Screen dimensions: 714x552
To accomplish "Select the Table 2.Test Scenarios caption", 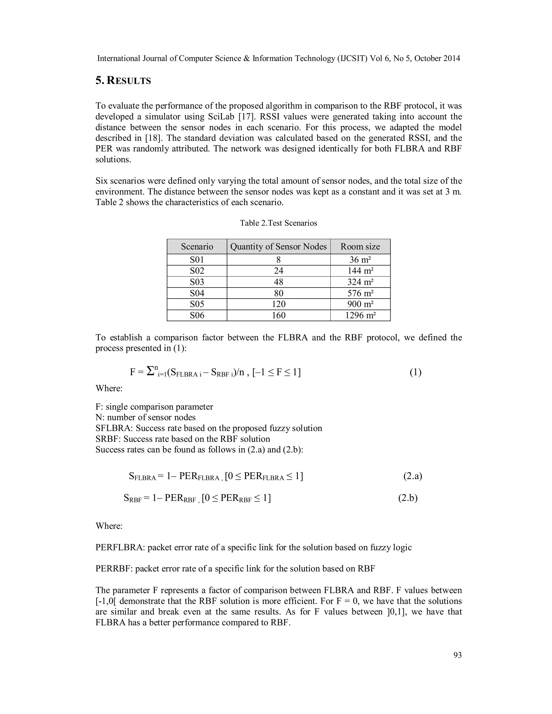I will tap(278, 223).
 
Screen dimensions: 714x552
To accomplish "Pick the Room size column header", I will tap(360, 247).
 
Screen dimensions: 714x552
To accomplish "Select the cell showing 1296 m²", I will tap(360, 315).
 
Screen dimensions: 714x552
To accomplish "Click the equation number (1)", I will tap(415, 372).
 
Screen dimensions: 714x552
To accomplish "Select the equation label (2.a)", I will tap(412, 476).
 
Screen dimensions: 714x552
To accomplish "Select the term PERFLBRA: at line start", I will tap(120, 547).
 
